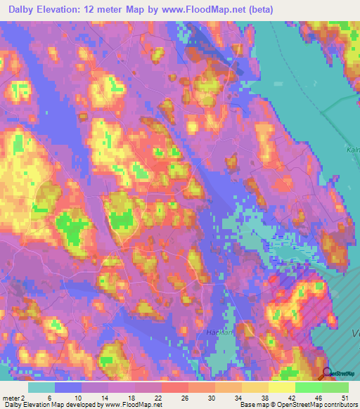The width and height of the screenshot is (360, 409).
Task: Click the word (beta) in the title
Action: tap(259, 8)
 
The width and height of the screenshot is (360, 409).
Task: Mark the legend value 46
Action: tap(321, 397)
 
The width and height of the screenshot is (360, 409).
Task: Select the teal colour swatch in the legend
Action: tap(42, 387)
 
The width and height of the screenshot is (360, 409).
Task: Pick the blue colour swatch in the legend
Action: tap(69, 387)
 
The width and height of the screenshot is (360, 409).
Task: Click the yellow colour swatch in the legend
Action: tap(282, 387)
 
